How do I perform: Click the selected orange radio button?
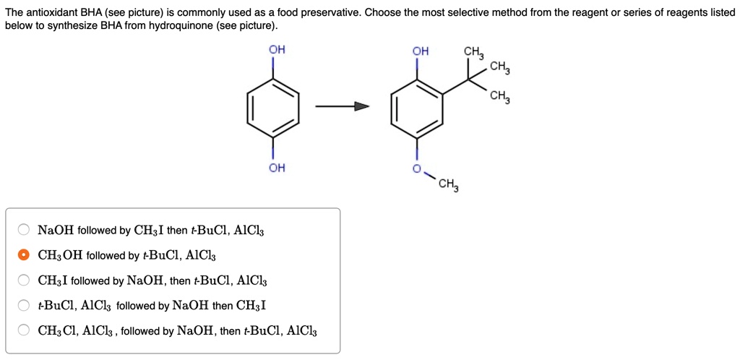point(24,255)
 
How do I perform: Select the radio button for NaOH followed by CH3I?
point(24,231)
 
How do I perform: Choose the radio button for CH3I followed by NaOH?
point(24,280)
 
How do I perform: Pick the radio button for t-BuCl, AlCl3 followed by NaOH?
point(24,306)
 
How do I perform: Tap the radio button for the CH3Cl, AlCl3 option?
point(24,331)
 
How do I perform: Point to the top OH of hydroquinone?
point(277,50)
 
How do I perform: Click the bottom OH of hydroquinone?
point(277,168)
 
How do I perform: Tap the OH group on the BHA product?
point(420,51)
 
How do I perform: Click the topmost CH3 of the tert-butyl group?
point(474,52)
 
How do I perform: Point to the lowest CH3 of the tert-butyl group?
point(499,98)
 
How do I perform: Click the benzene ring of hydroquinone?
point(273,109)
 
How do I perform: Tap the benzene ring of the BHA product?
point(416,109)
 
